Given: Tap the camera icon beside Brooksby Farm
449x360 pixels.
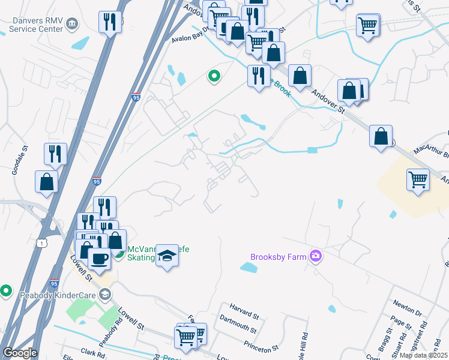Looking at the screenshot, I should pyautogui.click(x=316, y=257).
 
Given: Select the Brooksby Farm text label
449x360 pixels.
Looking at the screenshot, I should pyautogui.click(x=279, y=257).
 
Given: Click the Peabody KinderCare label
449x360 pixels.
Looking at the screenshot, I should pyautogui.click(x=50, y=293).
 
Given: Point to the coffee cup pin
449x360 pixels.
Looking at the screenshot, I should pyautogui.click(x=99, y=259).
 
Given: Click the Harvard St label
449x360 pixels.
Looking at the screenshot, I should pyautogui.click(x=244, y=315).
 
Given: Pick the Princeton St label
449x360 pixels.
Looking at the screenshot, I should pyautogui.click(x=261, y=347).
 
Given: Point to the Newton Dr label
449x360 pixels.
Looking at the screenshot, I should pyautogui.click(x=409, y=308).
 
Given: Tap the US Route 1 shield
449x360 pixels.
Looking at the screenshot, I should pyautogui.click(x=41, y=242).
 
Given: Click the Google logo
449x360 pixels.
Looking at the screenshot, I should pyautogui.click(x=20, y=353).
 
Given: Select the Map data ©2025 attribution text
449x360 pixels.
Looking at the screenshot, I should pyautogui.click(x=423, y=355).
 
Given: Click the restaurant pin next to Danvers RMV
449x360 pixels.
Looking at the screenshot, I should pyautogui.click(x=110, y=23).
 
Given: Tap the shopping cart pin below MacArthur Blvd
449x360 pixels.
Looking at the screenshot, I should pyautogui.click(x=418, y=179).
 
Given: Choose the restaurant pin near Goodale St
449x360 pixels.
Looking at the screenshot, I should pyautogui.click(x=55, y=154).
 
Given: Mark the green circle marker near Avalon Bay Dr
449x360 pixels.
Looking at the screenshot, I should pyautogui.click(x=213, y=76).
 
